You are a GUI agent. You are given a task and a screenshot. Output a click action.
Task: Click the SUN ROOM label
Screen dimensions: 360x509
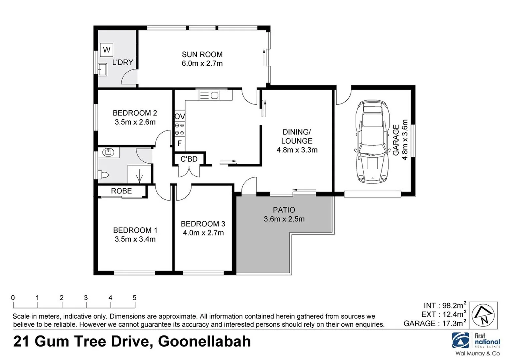[202, 54]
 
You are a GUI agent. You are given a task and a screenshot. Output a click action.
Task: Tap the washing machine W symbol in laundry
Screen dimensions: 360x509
[107, 50]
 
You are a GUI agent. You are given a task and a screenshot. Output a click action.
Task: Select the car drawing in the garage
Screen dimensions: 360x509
[372, 142]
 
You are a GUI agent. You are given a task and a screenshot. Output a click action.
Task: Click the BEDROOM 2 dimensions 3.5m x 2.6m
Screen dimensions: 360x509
[135, 122]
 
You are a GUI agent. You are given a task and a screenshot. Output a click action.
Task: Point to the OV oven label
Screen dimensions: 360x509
[180, 117]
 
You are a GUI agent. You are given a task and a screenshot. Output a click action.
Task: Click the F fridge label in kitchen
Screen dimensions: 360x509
[179, 143]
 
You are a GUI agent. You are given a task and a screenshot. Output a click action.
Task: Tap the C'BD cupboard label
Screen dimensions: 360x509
[189, 159]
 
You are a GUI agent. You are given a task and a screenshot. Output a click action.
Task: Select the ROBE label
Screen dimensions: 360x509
[121, 191]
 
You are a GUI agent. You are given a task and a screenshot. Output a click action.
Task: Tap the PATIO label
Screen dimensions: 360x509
[284, 210]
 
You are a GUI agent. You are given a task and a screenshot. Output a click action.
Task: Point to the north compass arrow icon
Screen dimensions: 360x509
[484, 315]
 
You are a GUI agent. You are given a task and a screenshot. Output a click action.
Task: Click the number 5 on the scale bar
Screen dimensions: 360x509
[134, 298]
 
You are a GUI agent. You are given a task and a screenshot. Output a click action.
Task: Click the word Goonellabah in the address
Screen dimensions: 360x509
[204, 342]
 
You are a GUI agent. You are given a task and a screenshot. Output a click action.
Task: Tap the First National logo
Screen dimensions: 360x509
[476, 341]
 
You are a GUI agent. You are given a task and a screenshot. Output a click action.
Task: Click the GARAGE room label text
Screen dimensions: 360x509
[396, 140]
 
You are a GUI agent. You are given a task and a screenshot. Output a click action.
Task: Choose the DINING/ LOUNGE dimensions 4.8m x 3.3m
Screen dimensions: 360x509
[297, 150]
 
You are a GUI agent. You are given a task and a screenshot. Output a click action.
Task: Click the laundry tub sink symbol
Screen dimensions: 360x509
[102, 69]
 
